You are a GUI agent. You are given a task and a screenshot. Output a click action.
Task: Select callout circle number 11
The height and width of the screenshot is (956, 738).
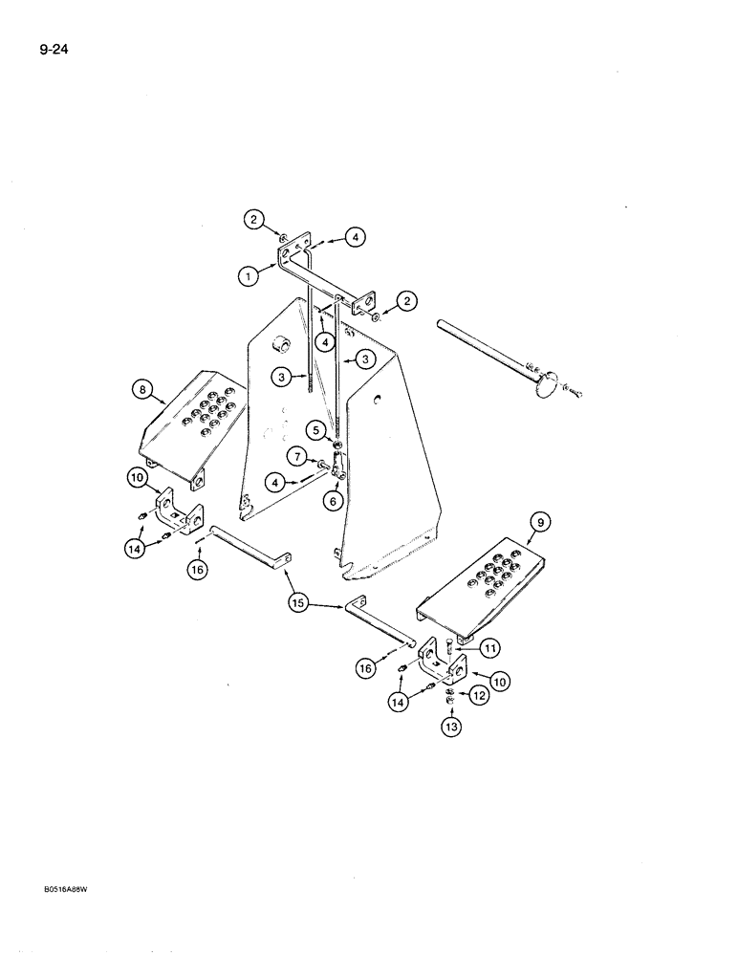tap(489, 649)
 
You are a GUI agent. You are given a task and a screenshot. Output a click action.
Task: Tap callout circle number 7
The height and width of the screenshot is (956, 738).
tap(298, 457)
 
